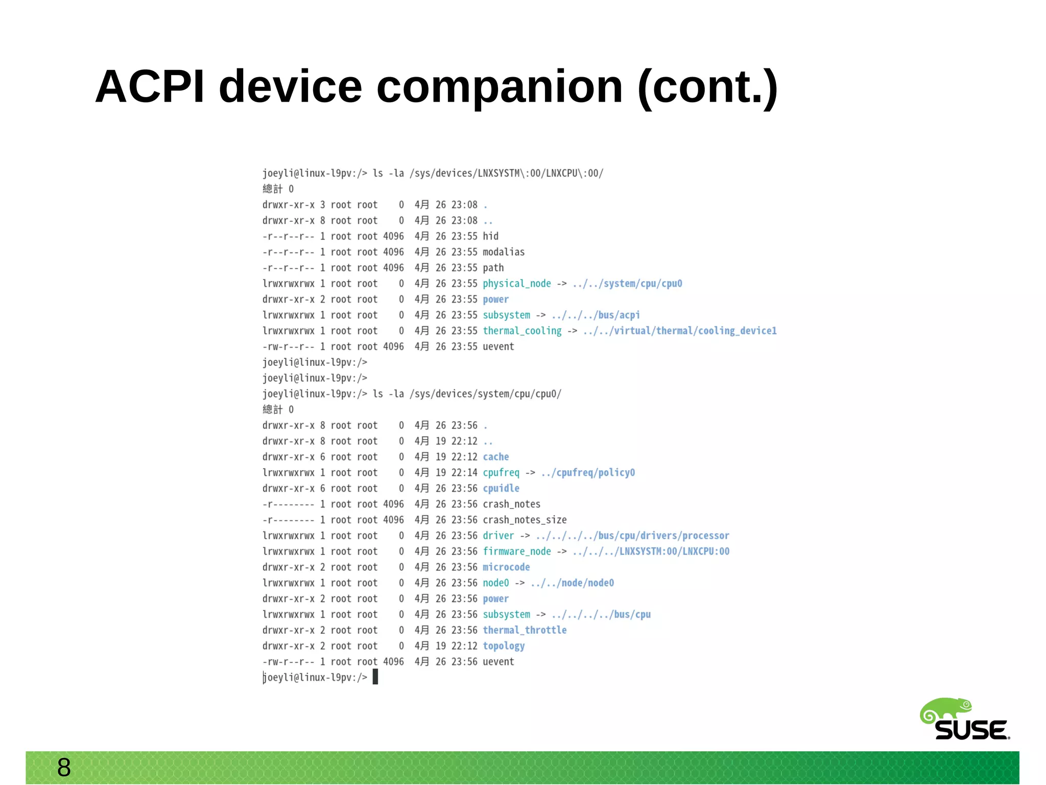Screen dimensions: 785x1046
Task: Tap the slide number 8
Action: (x=64, y=767)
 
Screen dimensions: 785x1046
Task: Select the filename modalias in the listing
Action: (x=504, y=252)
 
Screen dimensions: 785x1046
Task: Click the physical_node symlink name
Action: (x=516, y=284)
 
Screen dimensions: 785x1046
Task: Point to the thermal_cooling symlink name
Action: (x=521, y=331)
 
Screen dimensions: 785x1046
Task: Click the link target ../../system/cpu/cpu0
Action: (x=627, y=284)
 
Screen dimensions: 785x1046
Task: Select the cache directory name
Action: (x=495, y=457)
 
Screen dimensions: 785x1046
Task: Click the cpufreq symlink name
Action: (x=501, y=473)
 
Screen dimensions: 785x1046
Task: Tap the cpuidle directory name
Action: (x=501, y=489)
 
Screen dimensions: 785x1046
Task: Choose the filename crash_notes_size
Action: (x=525, y=520)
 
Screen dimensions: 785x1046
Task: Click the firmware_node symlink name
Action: (x=516, y=551)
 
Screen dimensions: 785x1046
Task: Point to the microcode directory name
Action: (x=506, y=567)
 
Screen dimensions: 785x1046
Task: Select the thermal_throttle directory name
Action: (x=525, y=630)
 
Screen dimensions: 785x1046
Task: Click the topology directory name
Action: (x=504, y=646)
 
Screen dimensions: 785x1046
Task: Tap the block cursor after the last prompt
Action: (x=375, y=677)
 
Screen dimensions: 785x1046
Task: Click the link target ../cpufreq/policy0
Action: (x=587, y=473)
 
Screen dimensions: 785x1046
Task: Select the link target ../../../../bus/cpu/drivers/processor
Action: (x=632, y=536)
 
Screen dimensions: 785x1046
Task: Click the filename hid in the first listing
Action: (x=490, y=236)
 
